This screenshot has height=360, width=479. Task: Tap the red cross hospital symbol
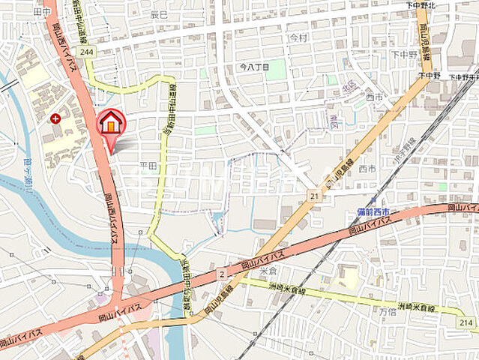coord(55,118)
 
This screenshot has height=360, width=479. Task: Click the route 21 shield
coord(313,196)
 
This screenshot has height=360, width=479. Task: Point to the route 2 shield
coord(222,275)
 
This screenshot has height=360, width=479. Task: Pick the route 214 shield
coord(466,323)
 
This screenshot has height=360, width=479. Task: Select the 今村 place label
coord(298,37)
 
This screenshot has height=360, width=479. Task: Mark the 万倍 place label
coord(387,310)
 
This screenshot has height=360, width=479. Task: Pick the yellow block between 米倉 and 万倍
coord(349,278)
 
